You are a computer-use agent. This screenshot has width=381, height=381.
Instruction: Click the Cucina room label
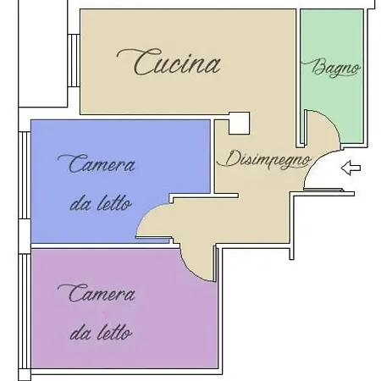[x=168, y=62]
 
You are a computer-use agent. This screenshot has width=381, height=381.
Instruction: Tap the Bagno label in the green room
[x=331, y=68]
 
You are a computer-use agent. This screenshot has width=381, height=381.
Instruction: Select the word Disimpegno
[x=264, y=159]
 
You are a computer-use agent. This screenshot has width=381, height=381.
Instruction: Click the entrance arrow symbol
[x=351, y=168]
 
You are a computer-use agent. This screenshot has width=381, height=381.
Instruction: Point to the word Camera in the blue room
[x=97, y=163]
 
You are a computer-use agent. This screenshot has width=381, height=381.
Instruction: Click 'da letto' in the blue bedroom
[x=101, y=203]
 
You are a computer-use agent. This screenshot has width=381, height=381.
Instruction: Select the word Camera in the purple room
[x=97, y=294]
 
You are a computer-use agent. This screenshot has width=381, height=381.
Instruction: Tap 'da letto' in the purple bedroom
[x=101, y=333]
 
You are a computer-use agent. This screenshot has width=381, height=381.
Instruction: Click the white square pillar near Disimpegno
[x=239, y=123]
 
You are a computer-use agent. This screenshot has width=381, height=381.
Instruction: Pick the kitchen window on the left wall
[x=74, y=61]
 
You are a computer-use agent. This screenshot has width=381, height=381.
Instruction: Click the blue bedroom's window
[x=25, y=175]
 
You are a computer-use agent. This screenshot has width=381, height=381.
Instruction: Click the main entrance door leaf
[x=323, y=190]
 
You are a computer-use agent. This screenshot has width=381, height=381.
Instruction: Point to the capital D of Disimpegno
[x=227, y=158]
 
